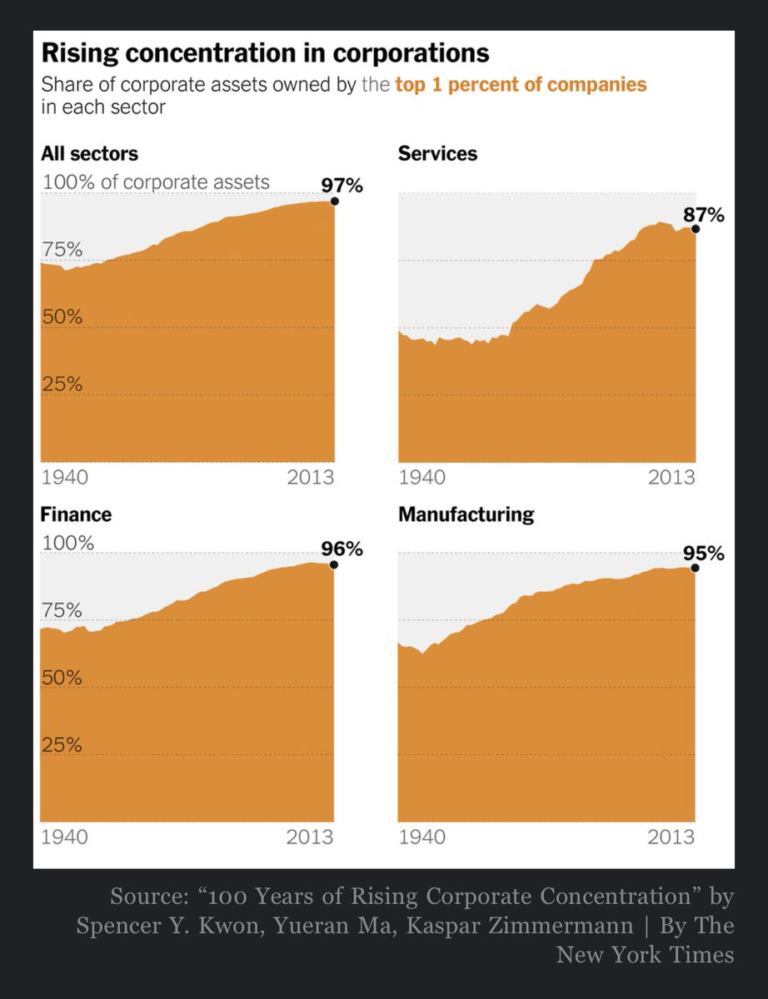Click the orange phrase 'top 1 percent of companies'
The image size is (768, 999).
point(521,85)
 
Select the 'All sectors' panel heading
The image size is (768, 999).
point(89,154)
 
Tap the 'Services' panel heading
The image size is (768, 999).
point(437,154)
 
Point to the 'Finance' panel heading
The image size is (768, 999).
point(76,514)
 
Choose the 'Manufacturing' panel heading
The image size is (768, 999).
point(466,514)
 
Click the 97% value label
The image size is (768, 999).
point(342,186)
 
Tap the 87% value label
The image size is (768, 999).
point(704,216)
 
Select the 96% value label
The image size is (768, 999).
point(342,549)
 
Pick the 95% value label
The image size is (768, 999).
point(704,554)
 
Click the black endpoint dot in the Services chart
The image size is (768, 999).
point(696,229)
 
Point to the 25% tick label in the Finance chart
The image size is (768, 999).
point(62,745)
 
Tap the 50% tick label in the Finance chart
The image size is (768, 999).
point(62,678)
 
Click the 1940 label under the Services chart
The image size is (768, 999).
point(422,479)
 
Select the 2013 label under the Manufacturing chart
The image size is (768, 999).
point(671,837)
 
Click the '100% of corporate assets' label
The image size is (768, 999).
point(156,182)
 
